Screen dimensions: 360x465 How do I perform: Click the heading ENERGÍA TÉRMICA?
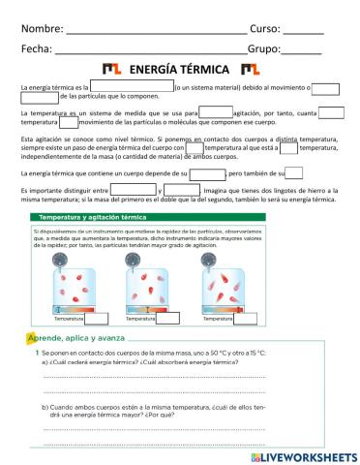click(x=179, y=70)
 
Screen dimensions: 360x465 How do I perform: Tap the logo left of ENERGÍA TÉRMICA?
click(x=112, y=70)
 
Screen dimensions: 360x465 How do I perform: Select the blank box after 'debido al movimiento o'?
click(x=326, y=88)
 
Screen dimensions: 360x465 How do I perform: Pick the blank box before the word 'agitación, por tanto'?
click(x=215, y=114)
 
